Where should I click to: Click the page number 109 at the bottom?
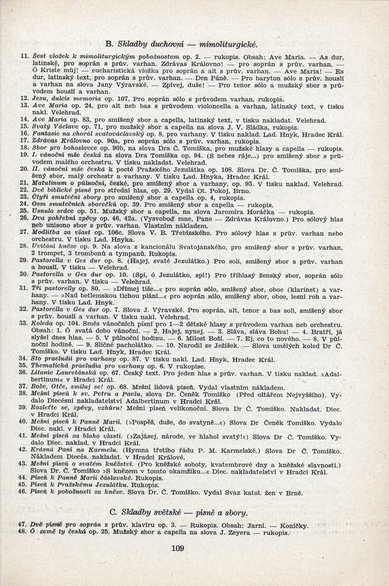click(178, 549)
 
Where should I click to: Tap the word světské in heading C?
click(181, 512)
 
